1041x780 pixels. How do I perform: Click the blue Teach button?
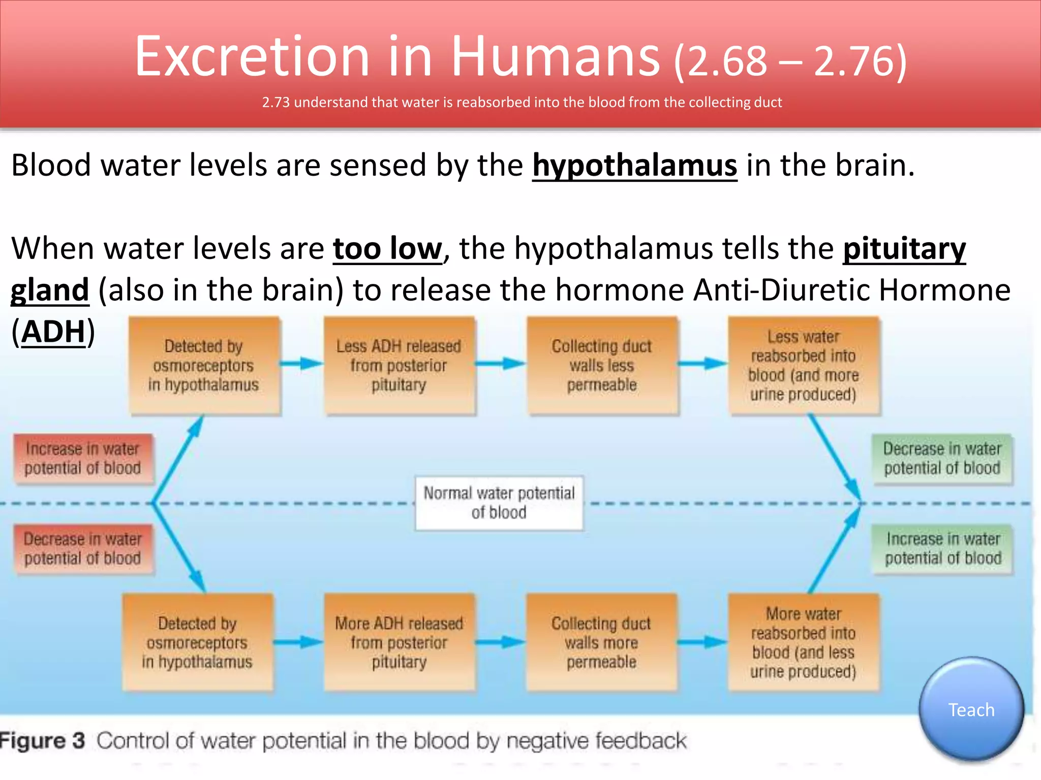tap(971, 709)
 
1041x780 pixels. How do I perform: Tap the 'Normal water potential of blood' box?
tap(499, 503)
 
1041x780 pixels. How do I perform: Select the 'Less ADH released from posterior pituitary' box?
tap(399, 366)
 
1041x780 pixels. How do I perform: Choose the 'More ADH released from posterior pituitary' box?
tap(399, 642)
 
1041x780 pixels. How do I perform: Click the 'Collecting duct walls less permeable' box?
tap(602, 366)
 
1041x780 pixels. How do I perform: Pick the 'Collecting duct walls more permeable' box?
tap(601, 642)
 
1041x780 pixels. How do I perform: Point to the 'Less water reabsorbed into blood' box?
tap(804, 366)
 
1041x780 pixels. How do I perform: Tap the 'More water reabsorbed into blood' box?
tap(804, 642)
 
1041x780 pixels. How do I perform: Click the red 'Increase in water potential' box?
tap(83, 459)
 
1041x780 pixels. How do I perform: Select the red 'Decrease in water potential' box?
tap(83, 548)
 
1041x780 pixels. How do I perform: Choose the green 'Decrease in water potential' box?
tap(942, 459)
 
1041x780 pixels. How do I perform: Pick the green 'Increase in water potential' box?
tap(943, 548)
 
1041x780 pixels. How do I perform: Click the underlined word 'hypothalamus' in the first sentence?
tap(634, 166)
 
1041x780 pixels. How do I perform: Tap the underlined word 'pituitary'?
tap(904, 249)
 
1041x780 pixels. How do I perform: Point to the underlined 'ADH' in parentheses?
tap(53, 332)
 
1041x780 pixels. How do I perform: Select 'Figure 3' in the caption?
tap(43, 741)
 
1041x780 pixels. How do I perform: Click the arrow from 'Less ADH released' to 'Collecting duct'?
tap(501, 364)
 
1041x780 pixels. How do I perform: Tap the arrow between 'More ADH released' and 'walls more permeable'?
tap(501, 642)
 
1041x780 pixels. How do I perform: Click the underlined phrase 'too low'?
tap(387, 249)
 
